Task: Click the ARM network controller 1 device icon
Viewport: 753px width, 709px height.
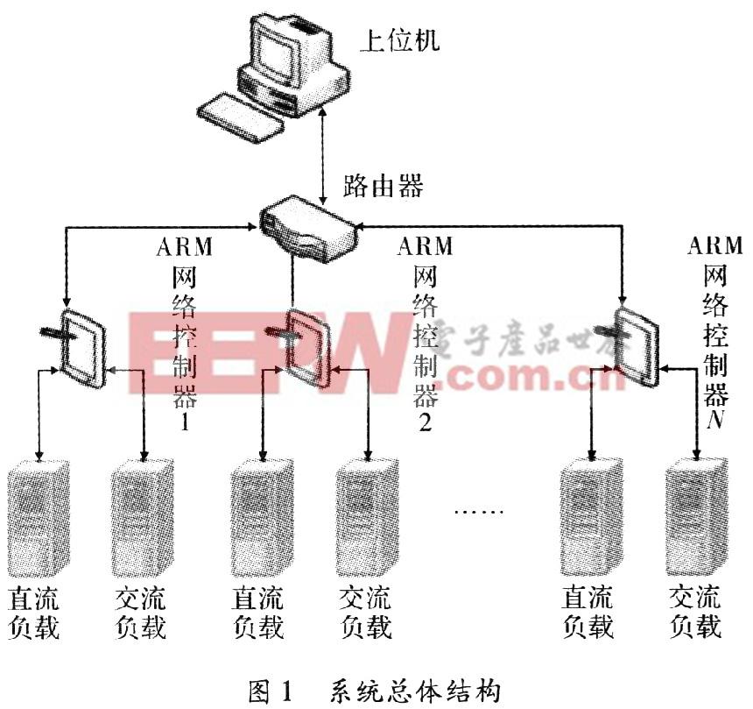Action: [x=84, y=346]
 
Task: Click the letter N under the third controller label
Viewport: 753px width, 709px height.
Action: [x=715, y=419]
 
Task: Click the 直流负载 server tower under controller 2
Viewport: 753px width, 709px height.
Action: [x=260, y=517]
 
